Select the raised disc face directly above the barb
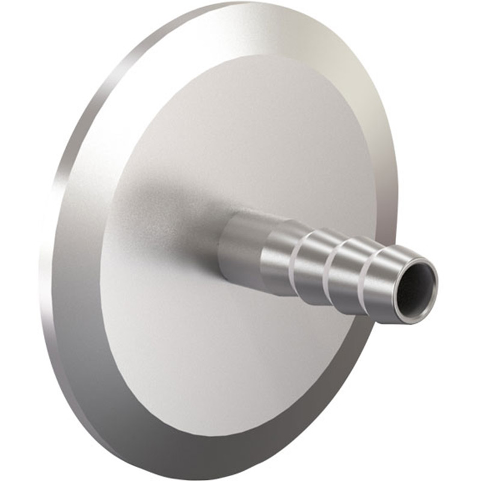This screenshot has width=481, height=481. coord(259,138)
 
